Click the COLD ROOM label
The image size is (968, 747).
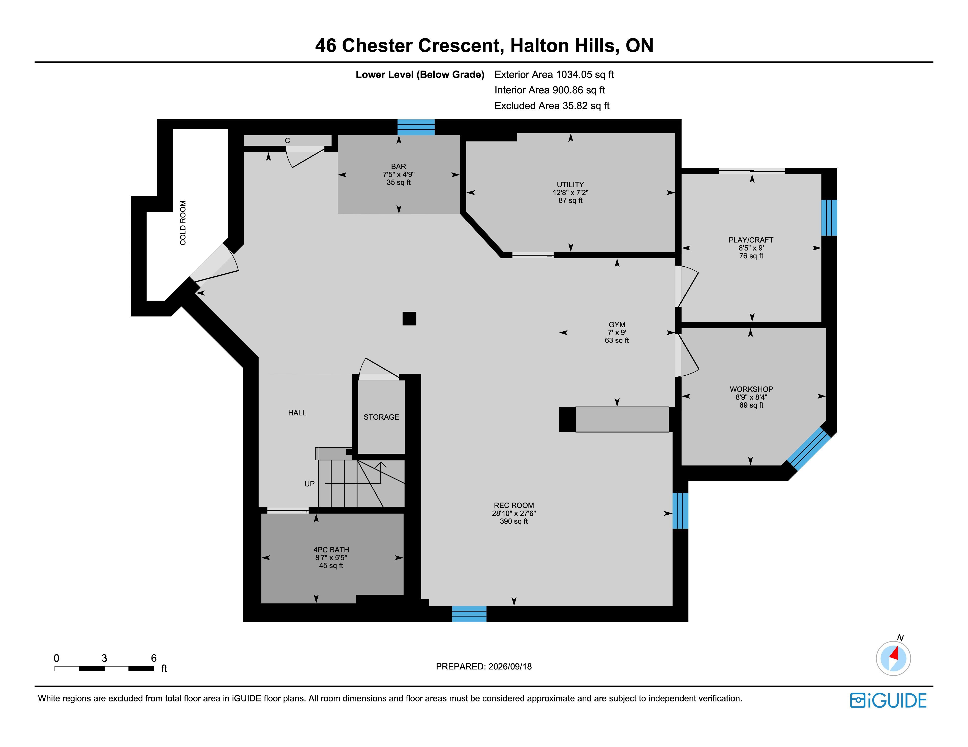183,223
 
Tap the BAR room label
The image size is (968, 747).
399,166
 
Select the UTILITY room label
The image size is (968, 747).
570,185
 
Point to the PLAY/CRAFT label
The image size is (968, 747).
751,240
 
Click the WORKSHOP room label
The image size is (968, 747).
751,389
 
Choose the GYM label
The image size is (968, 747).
617,325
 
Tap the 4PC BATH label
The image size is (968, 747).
331,550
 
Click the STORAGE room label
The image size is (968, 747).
381,417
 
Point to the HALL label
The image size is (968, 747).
297,413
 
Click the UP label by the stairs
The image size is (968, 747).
309,484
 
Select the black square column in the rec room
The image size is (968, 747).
409,318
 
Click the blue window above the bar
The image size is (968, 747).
416,127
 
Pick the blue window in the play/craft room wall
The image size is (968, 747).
829,218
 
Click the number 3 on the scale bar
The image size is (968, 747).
104,658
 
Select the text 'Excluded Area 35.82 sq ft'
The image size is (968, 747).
552,106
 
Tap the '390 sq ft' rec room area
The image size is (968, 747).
514,521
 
